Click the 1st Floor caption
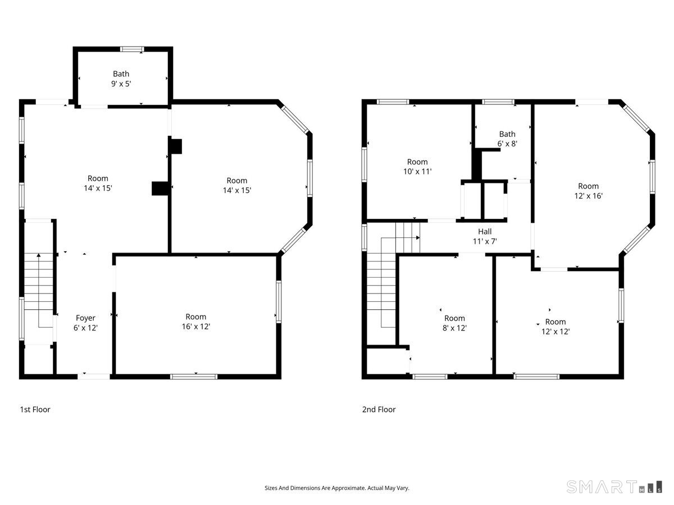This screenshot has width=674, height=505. coord(35,410)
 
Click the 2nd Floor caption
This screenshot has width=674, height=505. coord(379,410)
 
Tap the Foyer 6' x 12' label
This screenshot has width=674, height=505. coord(85,323)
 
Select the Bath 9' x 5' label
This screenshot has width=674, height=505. coord(121,79)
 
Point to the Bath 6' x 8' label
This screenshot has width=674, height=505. coord(507,139)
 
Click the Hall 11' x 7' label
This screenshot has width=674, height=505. coord(485,236)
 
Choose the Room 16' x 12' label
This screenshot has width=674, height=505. coord(195,322)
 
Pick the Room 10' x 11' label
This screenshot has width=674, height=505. coord(417,167)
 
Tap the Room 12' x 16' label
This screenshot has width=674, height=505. coord(588,191)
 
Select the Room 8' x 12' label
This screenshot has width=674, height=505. coord(454,323)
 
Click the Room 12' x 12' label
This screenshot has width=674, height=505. coord(555,327)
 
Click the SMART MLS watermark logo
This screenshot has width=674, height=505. coord(614,486)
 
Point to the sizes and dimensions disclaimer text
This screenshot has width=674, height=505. coord(337,488)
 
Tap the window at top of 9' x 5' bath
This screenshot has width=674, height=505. coord(132,49)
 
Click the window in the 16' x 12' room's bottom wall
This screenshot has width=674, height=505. coord(194,377)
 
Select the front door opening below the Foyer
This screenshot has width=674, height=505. coord(94,377)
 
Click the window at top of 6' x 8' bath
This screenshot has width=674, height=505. coord(498,102)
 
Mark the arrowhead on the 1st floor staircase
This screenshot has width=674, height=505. coord(39,255)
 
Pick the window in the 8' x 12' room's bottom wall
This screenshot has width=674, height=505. coord(430,377)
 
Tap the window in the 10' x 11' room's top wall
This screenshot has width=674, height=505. coord(393,102)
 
